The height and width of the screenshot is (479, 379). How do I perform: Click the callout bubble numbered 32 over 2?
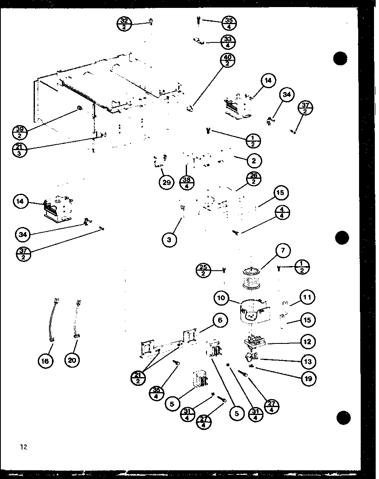124,24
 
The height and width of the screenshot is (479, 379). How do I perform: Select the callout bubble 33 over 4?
227,42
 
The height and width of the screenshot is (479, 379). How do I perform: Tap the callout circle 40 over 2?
227,60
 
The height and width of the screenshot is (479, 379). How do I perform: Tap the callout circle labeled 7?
283,251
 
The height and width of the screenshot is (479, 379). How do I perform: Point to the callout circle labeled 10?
222,298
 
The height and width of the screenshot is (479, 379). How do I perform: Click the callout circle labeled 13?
307,361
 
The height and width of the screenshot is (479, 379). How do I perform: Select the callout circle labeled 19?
308,378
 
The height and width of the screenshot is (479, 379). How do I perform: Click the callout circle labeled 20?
72,360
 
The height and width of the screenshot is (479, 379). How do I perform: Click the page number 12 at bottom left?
23,447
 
